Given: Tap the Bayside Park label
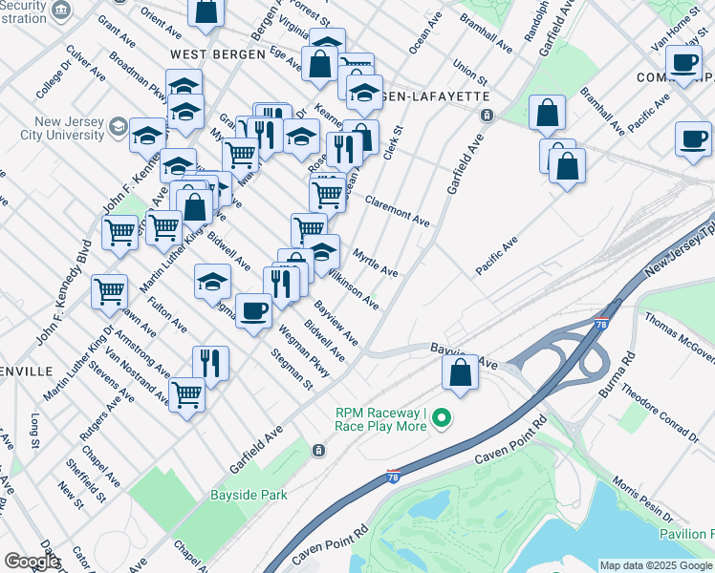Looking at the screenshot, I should (x=249, y=496).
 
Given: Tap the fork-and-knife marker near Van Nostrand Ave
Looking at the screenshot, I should (x=209, y=362).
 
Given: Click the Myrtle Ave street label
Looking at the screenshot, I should (x=375, y=263).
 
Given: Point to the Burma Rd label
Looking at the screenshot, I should (x=615, y=371).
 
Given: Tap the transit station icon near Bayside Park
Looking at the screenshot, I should (x=316, y=450).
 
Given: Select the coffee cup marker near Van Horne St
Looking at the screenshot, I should (x=683, y=63).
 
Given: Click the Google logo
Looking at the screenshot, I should (x=32, y=562).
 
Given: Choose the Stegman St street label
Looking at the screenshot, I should (x=292, y=371).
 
